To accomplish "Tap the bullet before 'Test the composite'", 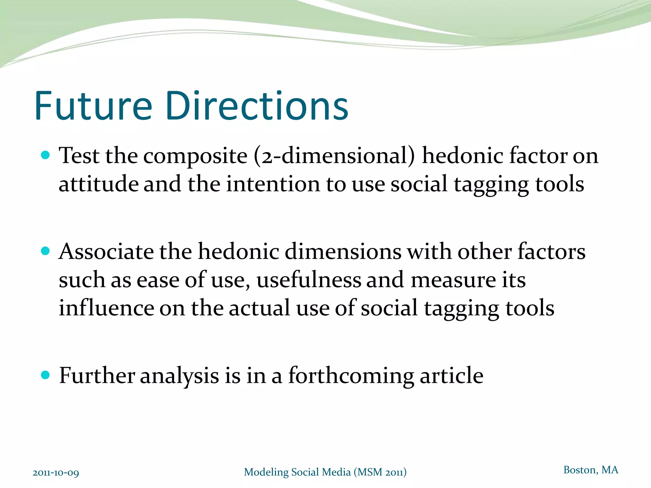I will click(x=46, y=155).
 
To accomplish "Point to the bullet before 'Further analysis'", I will click(x=46, y=375).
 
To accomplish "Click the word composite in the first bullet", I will click(x=195, y=157).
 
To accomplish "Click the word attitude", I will click(x=99, y=184).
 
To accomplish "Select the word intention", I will click(x=273, y=184).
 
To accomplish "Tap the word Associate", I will click(x=106, y=252).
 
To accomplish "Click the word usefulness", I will click(x=309, y=280).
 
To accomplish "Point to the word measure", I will click(x=453, y=280).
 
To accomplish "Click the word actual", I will click(x=259, y=308).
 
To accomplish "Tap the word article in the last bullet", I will click(x=451, y=376).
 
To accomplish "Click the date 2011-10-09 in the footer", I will click(x=56, y=473).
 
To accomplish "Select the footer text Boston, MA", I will click(x=591, y=470).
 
